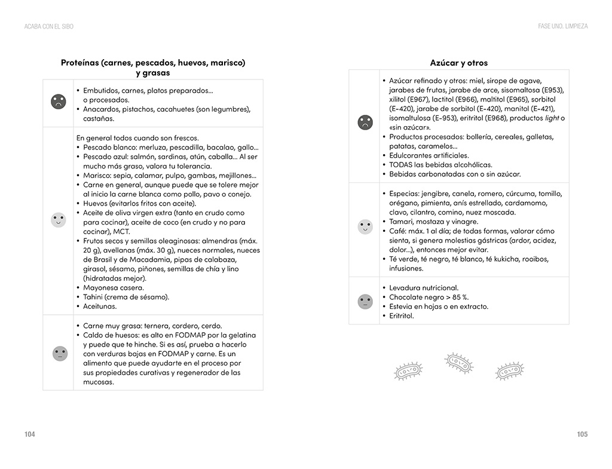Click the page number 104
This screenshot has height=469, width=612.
coord(30,434)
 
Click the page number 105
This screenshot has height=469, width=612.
coord(582,434)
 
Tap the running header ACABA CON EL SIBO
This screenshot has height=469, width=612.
coord(49,26)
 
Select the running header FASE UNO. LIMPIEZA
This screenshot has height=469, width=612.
coord(562,26)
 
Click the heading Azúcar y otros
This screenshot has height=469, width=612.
coord(458,63)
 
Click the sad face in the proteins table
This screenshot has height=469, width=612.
coord(59,102)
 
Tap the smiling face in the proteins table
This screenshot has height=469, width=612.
coord(59,220)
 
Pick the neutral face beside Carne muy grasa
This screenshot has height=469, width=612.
coord(60,354)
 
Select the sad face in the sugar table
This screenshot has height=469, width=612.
coord(365,122)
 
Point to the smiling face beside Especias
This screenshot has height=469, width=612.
coord(365,226)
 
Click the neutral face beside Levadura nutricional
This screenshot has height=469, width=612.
coord(365,302)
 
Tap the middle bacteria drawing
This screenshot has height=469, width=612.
coord(459,363)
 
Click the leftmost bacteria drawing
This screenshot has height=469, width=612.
coord(409,371)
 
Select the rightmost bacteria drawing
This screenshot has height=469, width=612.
coord(509,371)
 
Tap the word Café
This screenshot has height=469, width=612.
coord(398,231)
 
